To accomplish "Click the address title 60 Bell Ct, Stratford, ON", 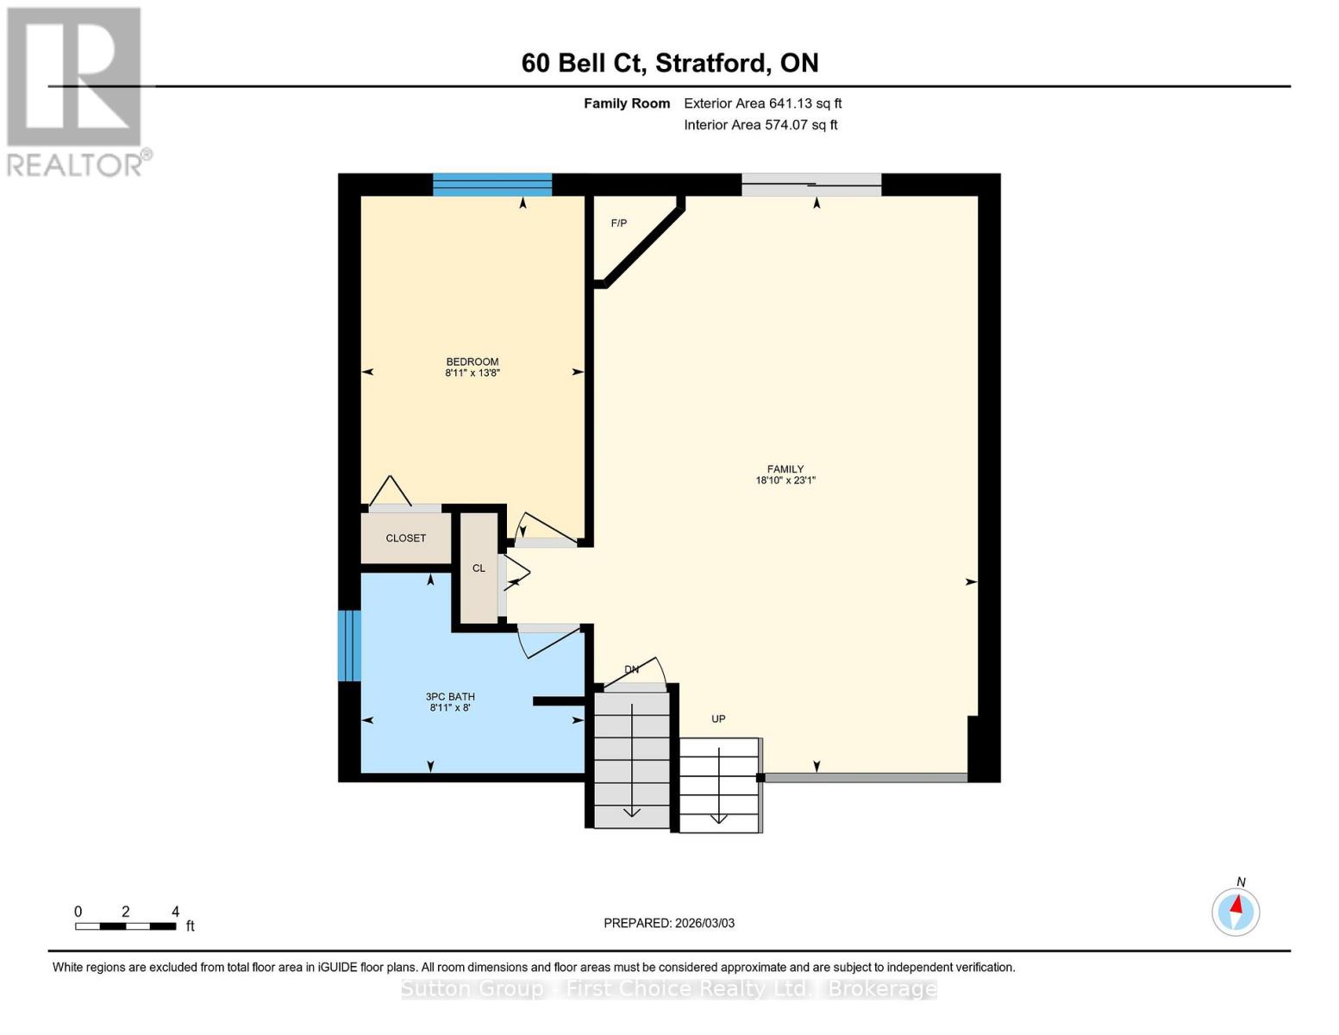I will click(669, 63).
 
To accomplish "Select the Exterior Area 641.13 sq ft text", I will click(762, 103).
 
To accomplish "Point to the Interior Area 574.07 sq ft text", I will click(760, 125).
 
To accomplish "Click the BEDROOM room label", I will click(472, 361).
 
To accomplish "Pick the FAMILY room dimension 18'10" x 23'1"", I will click(785, 480).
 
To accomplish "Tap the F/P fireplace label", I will click(618, 223).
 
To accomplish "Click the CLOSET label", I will click(405, 538).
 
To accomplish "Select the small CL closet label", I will click(479, 568).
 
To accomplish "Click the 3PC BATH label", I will click(450, 696).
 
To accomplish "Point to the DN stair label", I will click(631, 669).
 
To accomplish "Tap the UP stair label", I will click(718, 718).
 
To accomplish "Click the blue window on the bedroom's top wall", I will click(491, 185).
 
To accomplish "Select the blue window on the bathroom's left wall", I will click(348, 645).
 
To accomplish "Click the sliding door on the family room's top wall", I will click(811, 185).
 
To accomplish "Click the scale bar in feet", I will click(126, 926).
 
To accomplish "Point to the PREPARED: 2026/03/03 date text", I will click(669, 923).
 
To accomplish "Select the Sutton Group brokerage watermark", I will click(669, 988).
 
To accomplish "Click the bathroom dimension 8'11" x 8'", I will click(450, 708).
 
